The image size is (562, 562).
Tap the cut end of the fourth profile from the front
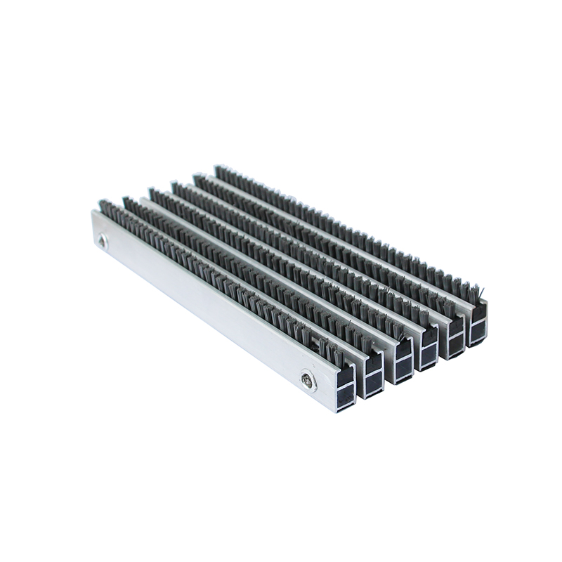pyautogui.click(x=428, y=349)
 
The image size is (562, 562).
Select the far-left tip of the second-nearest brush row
pyautogui.click(x=127, y=201)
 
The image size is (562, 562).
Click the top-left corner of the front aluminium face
pyautogui.click(x=93, y=211)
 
